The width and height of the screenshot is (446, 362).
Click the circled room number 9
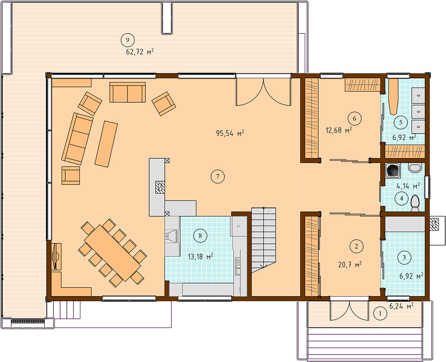pyautogui.click(x=127, y=40)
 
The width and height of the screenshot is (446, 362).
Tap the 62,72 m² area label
pyautogui.click(x=140, y=51)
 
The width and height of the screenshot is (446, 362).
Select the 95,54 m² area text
pyautogui.click(x=230, y=133)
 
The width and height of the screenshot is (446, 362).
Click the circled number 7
pyautogui.click(x=217, y=176)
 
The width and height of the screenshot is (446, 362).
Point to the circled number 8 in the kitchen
pyautogui.click(x=200, y=236)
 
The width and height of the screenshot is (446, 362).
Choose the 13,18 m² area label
pyautogui.click(x=200, y=256)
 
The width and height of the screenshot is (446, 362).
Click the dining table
pyautogui.click(x=112, y=253)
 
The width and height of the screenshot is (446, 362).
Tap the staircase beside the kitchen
pyautogui.click(x=264, y=240)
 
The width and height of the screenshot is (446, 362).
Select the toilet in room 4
pyautogui.click(x=415, y=203)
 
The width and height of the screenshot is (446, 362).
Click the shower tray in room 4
pyautogui.click(x=393, y=171)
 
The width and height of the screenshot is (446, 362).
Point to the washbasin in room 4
pyautogui.click(x=414, y=168)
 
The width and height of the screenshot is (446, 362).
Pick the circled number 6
pyautogui.click(x=354, y=118)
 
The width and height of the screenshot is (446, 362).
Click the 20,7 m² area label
pyautogui.click(x=350, y=265)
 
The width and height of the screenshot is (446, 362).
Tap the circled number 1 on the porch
pyautogui.click(x=380, y=313)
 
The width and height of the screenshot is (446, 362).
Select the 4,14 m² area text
pyautogui.click(x=408, y=186)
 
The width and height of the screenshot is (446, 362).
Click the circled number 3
pyautogui.click(x=404, y=257)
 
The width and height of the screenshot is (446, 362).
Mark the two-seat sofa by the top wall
pyautogui.click(x=127, y=92)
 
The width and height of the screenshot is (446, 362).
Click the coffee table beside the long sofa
pyautogui.click(x=106, y=144)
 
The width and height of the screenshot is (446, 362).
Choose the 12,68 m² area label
pyautogui.click(x=339, y=130)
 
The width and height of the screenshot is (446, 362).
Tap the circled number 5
pyautogui.click(x=400, y=122)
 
